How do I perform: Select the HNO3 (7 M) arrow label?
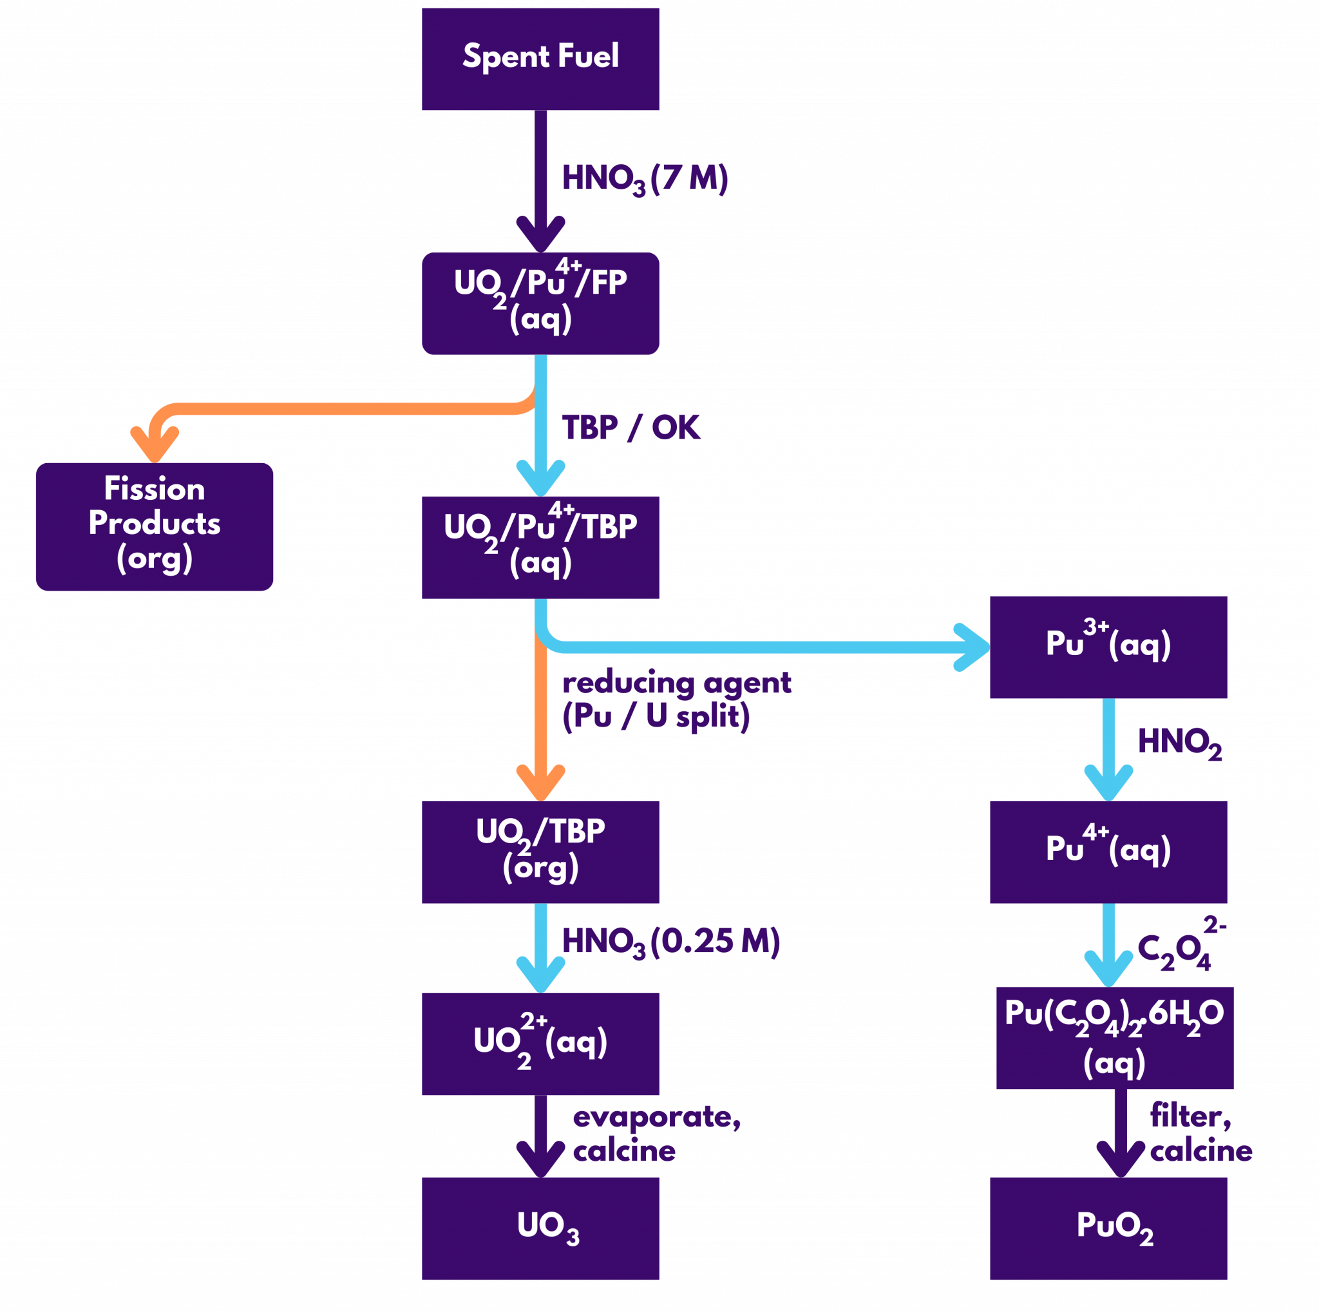645,179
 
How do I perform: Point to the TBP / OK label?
630,428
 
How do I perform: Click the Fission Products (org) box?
155,526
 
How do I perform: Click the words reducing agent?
676,683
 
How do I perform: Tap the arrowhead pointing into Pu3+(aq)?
974,647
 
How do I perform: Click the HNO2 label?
1179,743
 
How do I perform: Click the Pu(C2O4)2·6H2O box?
1114,1038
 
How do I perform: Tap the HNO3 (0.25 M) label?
670,942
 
